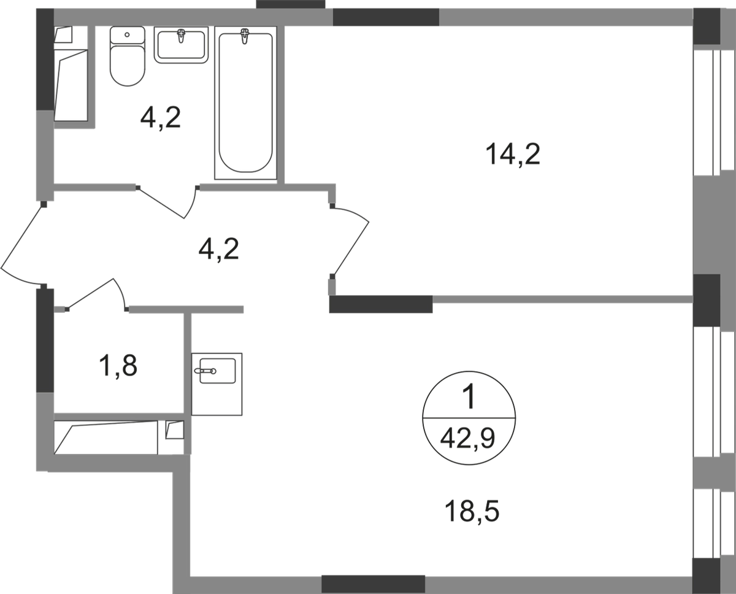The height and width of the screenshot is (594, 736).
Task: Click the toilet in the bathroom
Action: click(127, 56)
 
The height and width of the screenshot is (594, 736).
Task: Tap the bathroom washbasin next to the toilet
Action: click(181, 45)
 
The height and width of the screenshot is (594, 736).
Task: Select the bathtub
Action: click(245, 102)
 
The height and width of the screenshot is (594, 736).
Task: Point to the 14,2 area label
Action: click(513, 155)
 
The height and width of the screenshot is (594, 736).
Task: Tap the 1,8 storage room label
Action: click(118, 366)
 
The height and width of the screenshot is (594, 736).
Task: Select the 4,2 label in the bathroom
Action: click(161, 118)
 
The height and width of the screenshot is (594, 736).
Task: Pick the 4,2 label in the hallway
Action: click(218, 249)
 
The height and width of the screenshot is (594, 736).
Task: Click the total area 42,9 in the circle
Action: click(467, 439)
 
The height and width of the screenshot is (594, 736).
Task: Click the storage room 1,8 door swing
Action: click(98, 295)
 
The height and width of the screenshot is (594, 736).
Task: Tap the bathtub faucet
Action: click(245, 36)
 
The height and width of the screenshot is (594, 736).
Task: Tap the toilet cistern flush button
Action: click(127, 34)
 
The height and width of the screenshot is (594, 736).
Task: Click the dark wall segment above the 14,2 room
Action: click(386, 17)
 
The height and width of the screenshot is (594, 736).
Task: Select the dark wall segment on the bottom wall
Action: click(373, 584)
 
